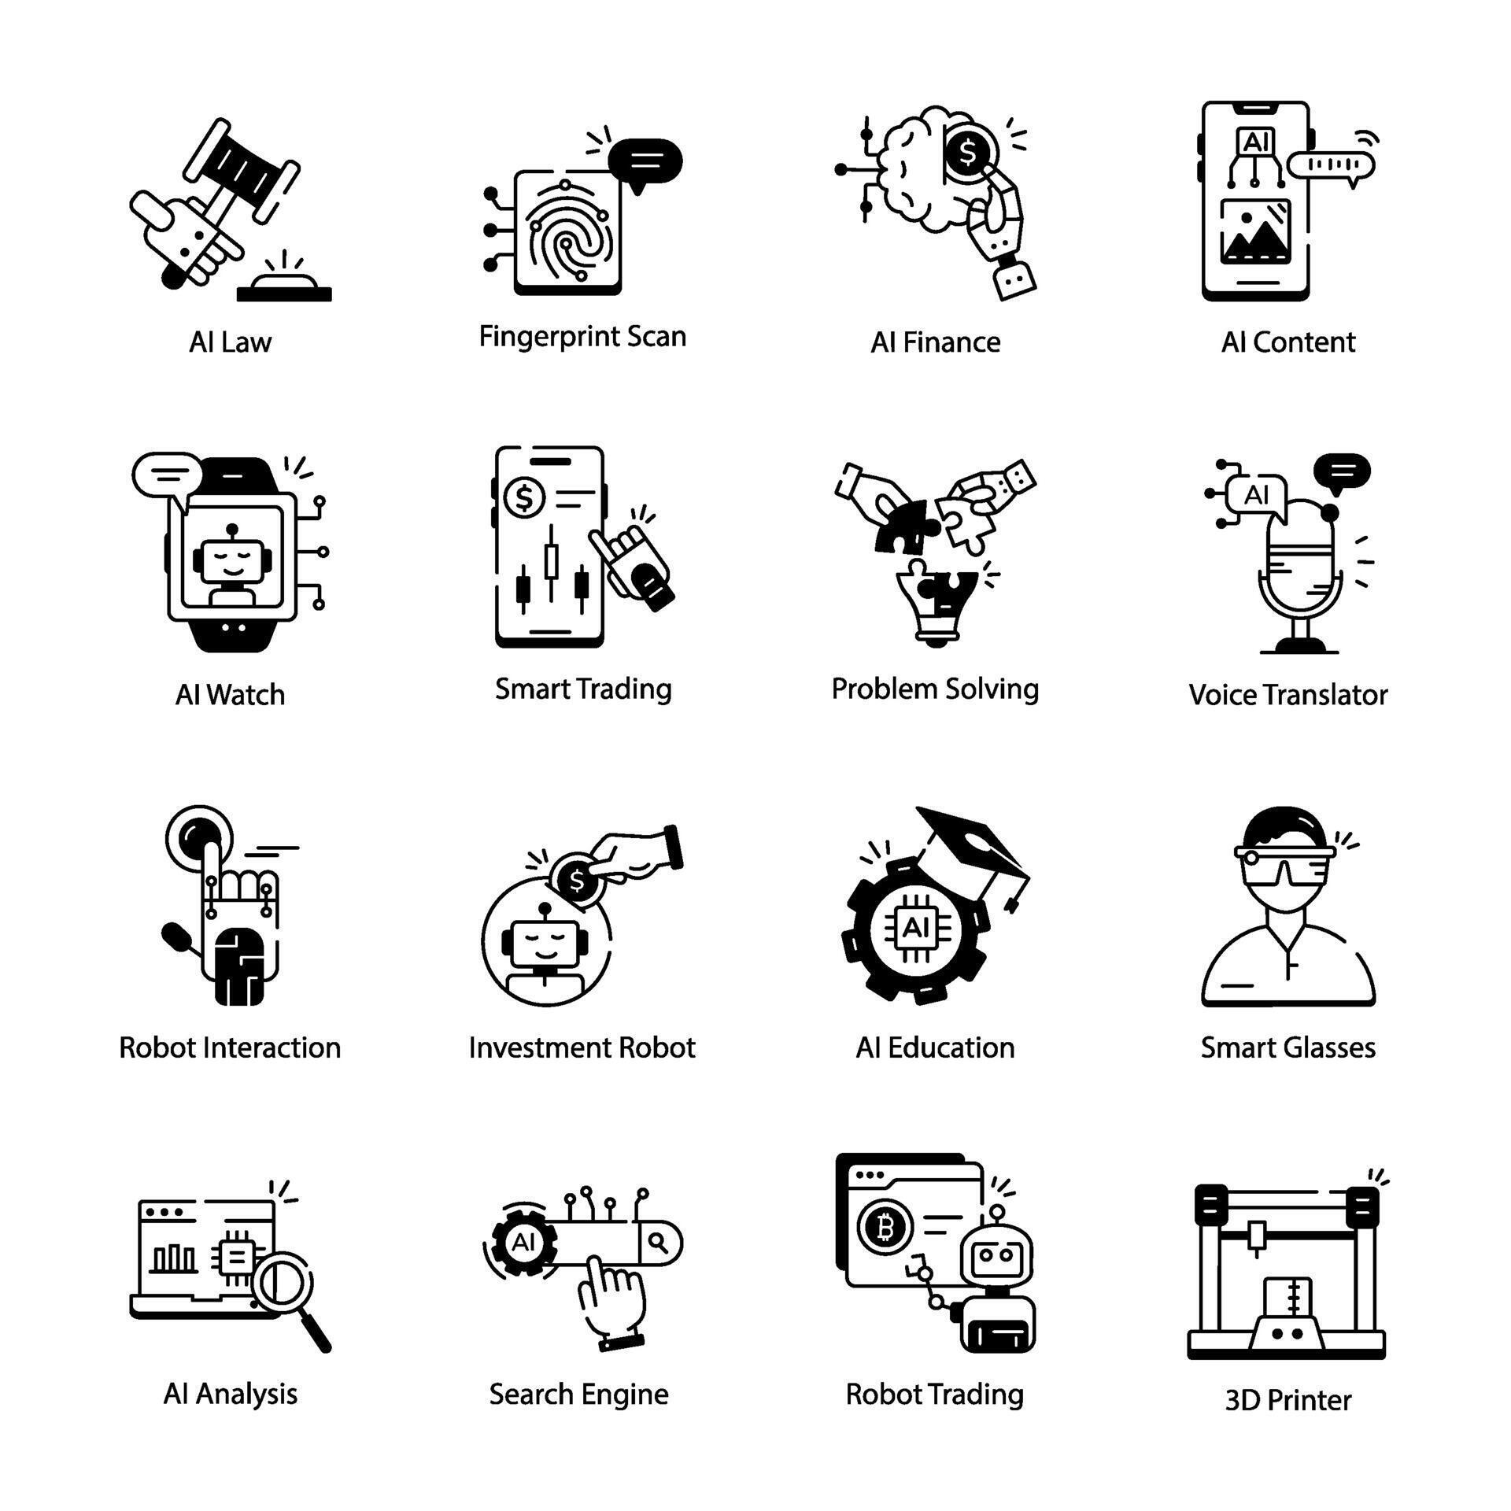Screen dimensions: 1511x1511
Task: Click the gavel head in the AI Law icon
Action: (242, 168)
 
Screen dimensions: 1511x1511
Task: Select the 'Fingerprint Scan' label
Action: (582, 337)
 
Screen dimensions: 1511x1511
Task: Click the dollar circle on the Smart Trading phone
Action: (524, 497)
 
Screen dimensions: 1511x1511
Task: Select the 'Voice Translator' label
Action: (1288, 695)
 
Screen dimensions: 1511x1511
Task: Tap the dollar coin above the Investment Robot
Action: (578, 881)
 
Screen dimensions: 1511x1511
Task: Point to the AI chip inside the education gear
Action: (914, 928)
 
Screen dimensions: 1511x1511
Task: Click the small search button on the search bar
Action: (659, 1243)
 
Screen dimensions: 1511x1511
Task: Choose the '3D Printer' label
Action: (1287, 1401)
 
